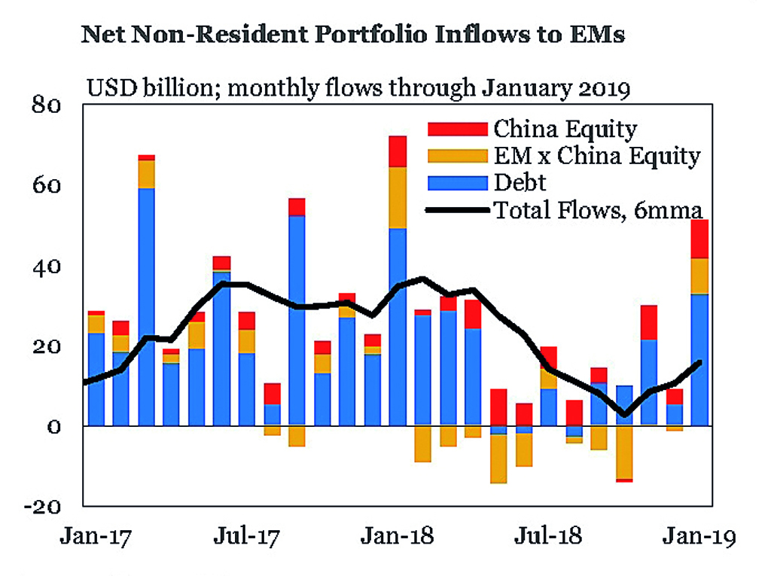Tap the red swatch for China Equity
(456, 130)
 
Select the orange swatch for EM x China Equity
(456, 156)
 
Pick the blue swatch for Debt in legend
(456, 182)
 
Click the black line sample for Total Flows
(456, 209)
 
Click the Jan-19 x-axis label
(699, 538)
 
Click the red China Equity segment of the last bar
(700, 239)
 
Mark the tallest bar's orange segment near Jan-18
(397, 197)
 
